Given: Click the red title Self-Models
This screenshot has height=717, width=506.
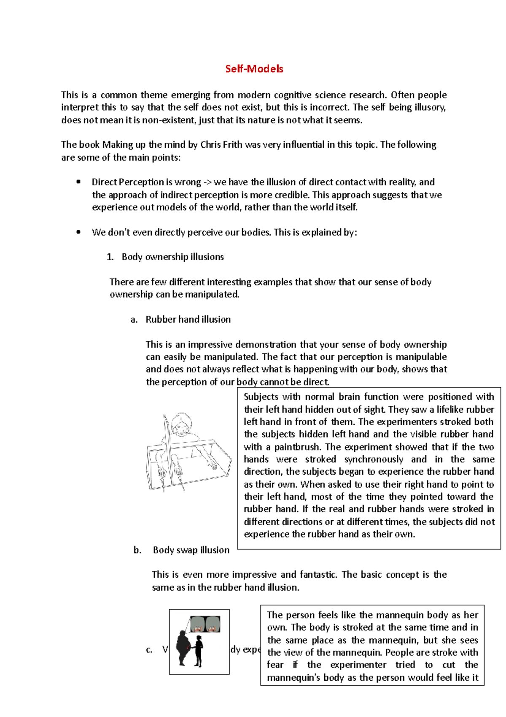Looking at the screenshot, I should [x=254, y=69].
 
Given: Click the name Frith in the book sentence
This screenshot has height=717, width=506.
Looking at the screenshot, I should [x=231, y=145].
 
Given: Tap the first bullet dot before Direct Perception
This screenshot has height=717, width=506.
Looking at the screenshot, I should [x=78, y=182].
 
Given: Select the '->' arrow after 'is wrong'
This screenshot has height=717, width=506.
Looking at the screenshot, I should [x=208, y=182].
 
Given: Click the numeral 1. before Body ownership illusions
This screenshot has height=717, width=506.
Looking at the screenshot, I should [x=110, y=257].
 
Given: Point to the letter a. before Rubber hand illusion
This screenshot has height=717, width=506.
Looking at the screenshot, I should [x=134, y=320].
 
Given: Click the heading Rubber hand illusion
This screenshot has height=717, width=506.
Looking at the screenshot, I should [x=188, y=320].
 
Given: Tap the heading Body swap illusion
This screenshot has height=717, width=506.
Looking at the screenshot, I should [x=191, y=550].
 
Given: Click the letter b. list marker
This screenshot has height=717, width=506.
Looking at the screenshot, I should [x=137, y=550].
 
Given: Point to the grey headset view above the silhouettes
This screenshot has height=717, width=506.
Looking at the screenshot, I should [x=205, y=624].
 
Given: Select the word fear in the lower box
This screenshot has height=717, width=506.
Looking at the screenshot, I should [x=275, y=665].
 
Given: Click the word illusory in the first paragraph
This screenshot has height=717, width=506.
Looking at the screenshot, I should [x=428, y=107].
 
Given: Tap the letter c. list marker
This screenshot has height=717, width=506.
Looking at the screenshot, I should [x=149, y=650].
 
